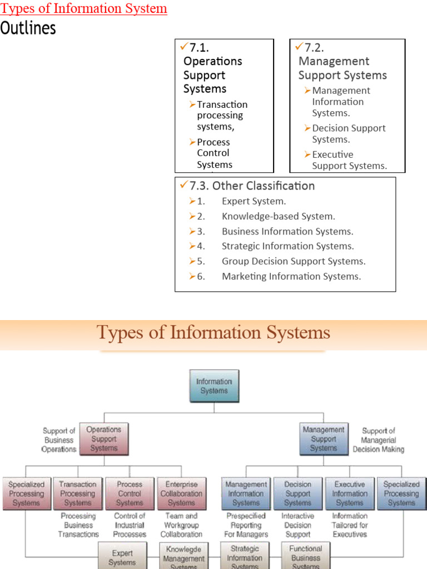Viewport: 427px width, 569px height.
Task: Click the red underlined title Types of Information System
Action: click(84, 9)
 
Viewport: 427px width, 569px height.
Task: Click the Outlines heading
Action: click(28, 28)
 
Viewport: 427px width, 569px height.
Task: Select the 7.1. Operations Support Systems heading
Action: click(213, 68)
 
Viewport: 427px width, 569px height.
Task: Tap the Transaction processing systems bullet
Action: click(222, 116)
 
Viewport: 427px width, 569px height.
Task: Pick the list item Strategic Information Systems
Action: click(287, 246)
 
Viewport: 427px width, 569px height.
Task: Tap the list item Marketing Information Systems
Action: click(291, 276)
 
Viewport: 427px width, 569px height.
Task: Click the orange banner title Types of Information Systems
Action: click(213, 333)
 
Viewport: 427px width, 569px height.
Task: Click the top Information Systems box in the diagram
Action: click(214, 386)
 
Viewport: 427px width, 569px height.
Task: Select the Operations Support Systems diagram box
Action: click(104, 439)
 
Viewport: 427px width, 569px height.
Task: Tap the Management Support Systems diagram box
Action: click(324, 439)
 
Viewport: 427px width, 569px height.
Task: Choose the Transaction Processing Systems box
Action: click(78, 493)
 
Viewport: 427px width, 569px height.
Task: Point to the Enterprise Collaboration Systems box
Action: click(181, 493)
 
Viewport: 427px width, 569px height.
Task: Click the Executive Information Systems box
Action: click(350, 493)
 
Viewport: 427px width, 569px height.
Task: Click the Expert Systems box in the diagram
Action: click(122, 557)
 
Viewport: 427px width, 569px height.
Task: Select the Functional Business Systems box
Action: click(305, 557)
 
